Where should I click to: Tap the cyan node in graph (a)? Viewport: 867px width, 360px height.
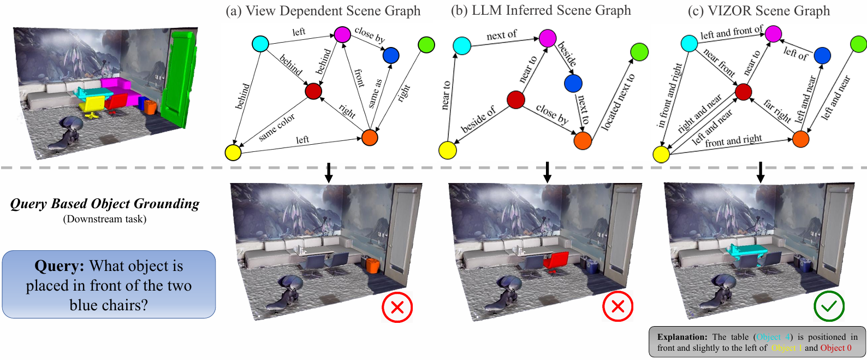point(260,44)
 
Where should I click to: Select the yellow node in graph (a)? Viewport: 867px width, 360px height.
point(233,152)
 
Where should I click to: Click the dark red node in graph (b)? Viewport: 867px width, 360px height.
point(516,100)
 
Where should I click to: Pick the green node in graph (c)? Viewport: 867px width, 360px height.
point(858,44)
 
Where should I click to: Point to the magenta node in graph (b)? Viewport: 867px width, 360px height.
point(547,38)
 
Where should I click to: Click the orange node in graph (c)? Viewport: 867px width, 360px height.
point(800,139)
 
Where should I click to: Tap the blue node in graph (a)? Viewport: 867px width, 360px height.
point(391,55)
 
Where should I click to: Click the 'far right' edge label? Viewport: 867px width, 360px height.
point(777,111)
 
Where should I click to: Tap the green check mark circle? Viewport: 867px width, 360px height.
point(829,306)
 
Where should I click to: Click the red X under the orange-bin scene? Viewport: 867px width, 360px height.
point(397,307)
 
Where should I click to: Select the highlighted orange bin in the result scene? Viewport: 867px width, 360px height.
point(372,266)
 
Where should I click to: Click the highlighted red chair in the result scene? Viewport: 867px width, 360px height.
point(556,261)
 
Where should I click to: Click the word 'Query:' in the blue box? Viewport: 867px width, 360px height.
point(59,266)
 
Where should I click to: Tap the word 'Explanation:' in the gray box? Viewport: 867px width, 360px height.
point(682,337)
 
